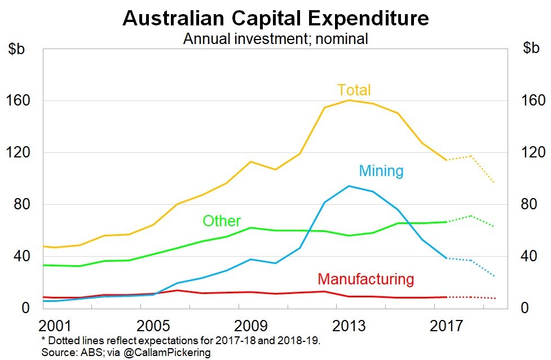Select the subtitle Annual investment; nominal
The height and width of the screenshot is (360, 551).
coord(275,38)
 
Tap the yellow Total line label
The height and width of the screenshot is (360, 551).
coord(354,90)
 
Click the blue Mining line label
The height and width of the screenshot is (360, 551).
coord(381,170)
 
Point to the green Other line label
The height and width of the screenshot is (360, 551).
coord(222,221)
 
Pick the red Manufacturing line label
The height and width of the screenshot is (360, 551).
coord(365,279)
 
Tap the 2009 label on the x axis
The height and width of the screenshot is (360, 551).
coord(251,326)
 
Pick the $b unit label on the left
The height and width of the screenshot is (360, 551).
coord(17,48)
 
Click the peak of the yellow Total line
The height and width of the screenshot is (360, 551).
coord(349,100)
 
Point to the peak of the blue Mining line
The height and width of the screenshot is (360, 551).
coord(349,186)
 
